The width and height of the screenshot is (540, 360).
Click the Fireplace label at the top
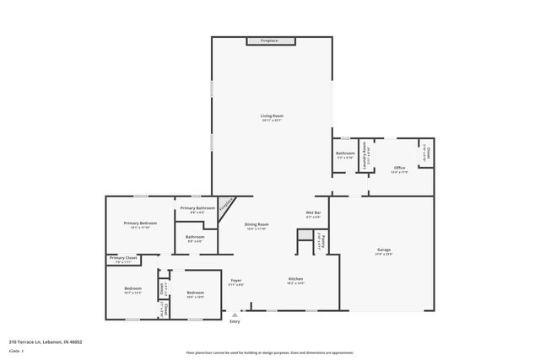point(269,40)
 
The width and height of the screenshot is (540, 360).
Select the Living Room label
point(272,116)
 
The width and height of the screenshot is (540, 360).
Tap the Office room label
point(400,168)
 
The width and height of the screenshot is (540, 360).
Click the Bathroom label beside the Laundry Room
point(345,153)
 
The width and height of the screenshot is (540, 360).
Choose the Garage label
point(384,250)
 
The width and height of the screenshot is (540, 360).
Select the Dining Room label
point(256,224)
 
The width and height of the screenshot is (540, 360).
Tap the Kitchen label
point(295,279)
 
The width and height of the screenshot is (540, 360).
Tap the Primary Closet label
point(123,257)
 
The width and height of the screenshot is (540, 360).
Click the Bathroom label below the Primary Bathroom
point(196,237)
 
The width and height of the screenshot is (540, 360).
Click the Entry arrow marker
point(235,314)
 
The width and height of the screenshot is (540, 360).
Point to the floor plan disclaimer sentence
point(270,352)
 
